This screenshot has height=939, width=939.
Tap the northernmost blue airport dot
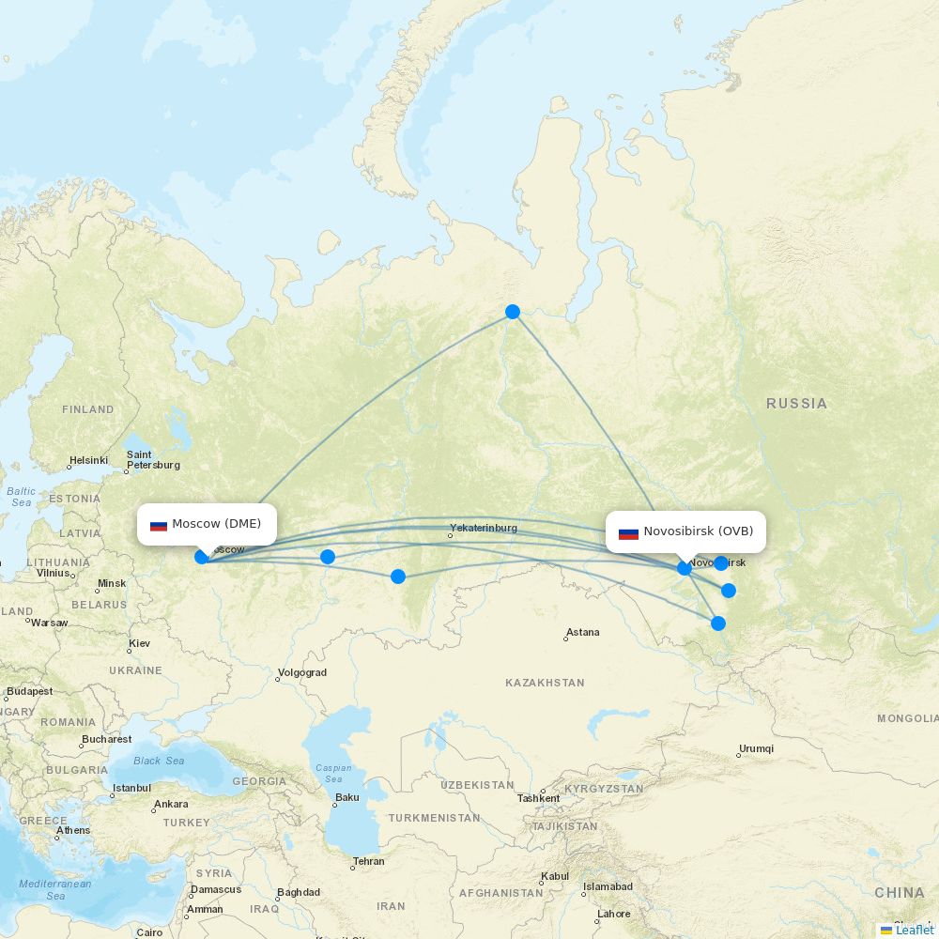513,312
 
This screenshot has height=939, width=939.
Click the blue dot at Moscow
202,557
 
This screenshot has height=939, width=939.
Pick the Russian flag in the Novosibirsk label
628,532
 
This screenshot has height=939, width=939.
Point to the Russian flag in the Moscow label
159,525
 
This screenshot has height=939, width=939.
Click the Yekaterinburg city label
484,528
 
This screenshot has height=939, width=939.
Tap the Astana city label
582,632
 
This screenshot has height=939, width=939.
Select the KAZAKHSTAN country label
545,683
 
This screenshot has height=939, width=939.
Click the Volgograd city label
302,672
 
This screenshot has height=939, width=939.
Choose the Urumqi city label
756,748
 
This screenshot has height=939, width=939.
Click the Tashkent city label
539,798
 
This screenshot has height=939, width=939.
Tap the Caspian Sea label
333,773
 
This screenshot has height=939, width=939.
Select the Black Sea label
159,761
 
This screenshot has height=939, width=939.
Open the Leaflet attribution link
914,930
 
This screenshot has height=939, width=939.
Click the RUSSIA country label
796,404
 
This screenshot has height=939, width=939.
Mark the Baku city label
346,798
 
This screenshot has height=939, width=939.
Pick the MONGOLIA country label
907,718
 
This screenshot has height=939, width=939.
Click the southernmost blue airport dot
718,623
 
